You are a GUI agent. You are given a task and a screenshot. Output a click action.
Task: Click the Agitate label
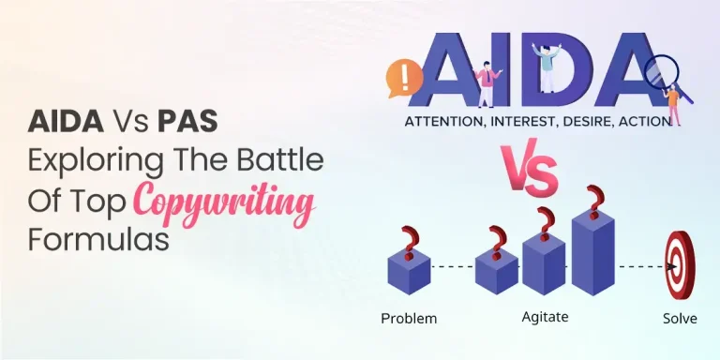pos(546,317)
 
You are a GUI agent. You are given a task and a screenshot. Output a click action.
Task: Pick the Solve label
pos(679,318)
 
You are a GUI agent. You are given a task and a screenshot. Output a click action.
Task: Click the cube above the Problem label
pos(408,271)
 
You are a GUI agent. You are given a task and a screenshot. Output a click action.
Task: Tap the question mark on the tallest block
pos(592,201)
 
